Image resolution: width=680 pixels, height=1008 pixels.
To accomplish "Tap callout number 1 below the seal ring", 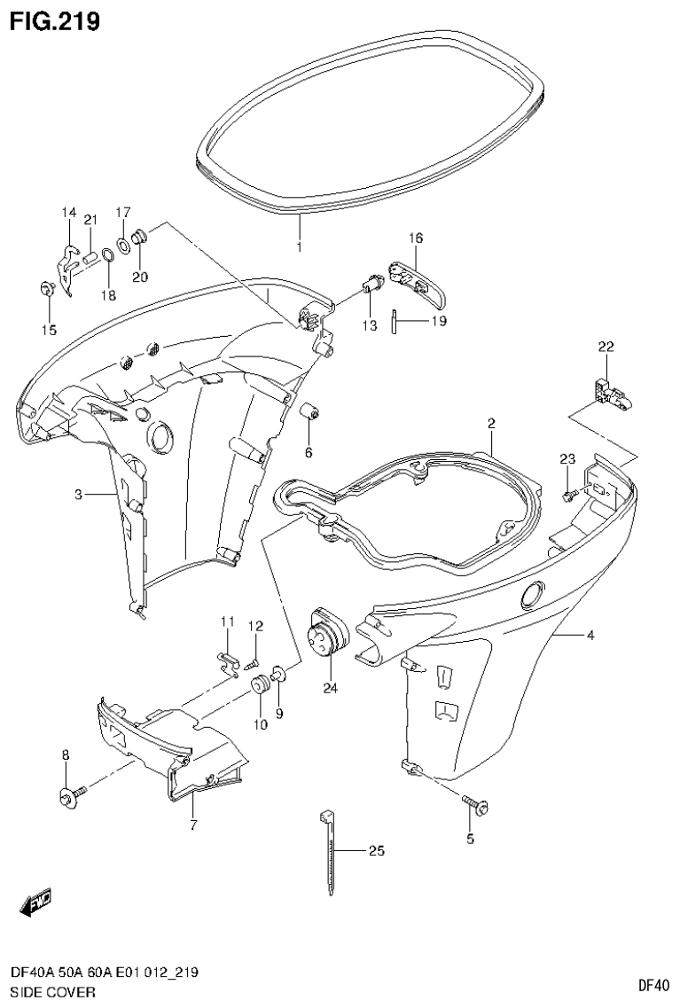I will [299, 246].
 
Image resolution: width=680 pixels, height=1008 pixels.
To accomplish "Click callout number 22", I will [606, 347].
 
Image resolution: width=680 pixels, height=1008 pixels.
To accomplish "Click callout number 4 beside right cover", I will [590, 635].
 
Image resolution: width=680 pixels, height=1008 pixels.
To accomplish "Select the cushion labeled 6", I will [310, 413].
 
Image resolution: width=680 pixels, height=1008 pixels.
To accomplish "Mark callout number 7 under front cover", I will [193, 825].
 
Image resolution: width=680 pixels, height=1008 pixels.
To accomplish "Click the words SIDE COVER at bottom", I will [51, 991].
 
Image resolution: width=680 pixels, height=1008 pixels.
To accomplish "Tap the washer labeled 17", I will [124, 242].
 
